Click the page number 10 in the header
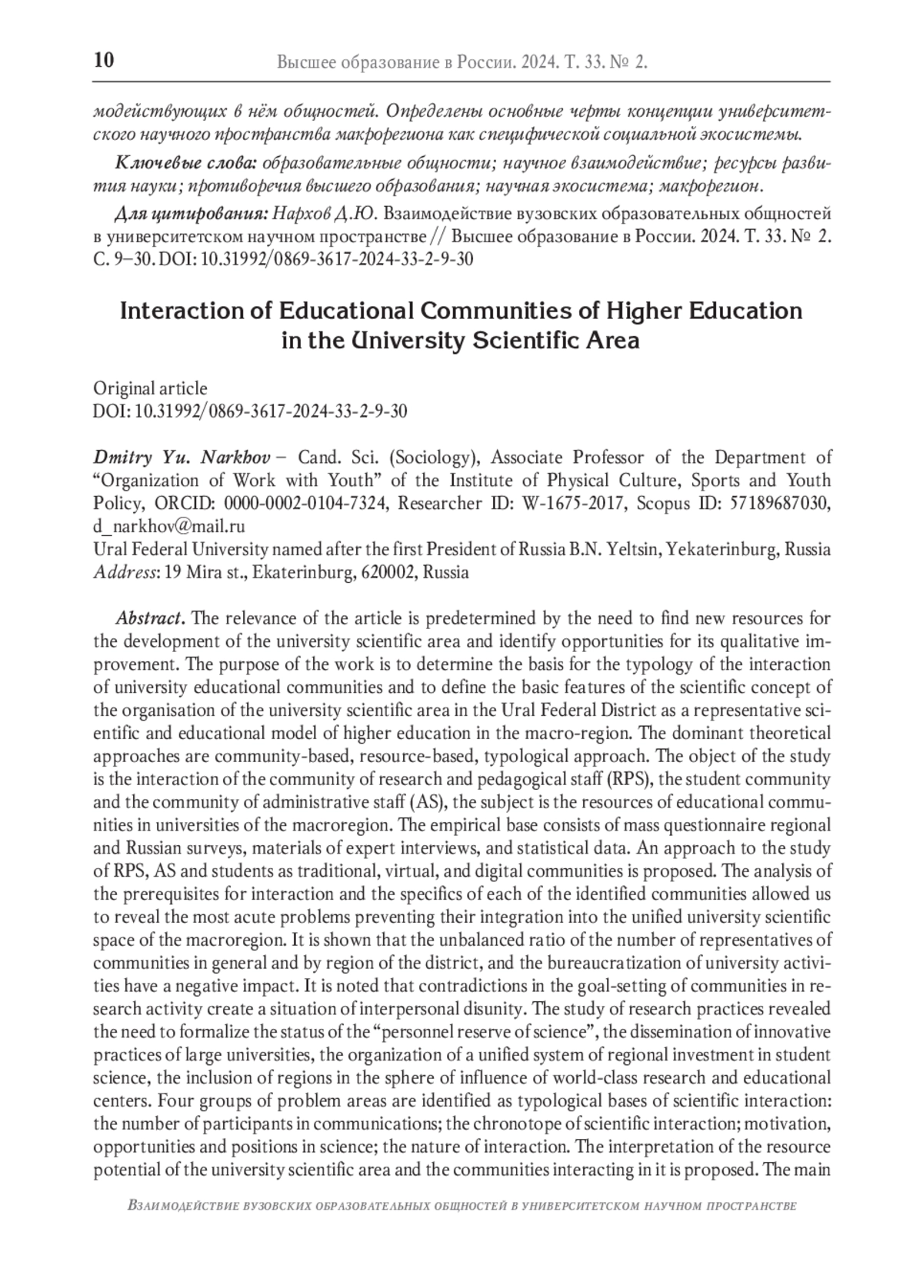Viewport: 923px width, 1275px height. [104, 60]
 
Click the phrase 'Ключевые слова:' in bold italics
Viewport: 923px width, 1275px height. [185, 164]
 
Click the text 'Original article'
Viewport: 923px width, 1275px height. [150, 388]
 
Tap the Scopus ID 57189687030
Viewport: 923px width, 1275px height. [779, 504]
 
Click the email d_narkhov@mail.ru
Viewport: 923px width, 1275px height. [168, 527]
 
